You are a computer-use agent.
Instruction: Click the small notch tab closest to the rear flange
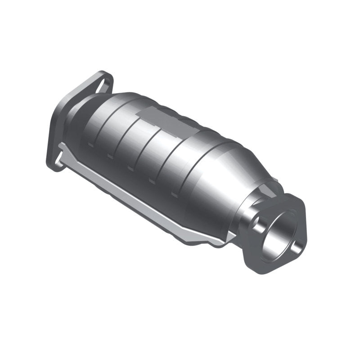90,144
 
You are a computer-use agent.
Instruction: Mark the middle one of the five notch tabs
130,169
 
